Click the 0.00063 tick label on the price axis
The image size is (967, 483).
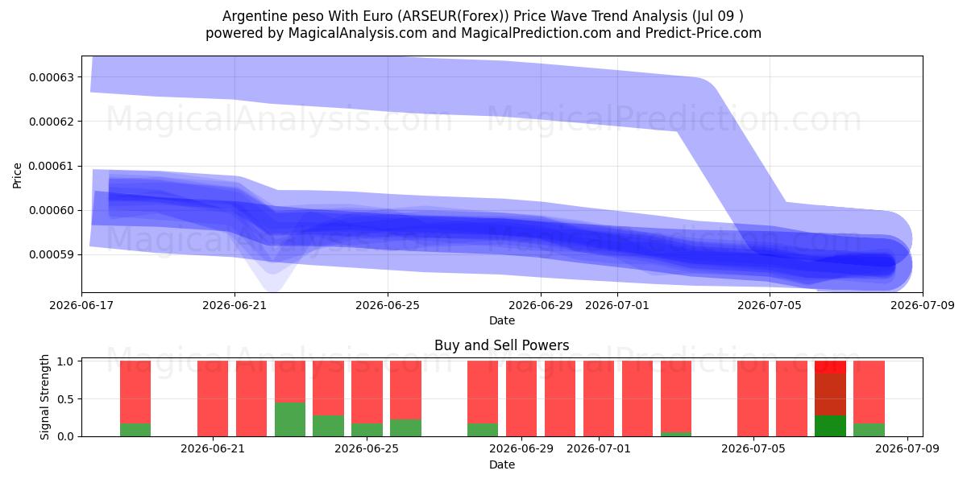(x=52, y=77)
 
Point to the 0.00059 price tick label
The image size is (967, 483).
(x=52, y=255)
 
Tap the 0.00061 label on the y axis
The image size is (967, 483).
(x=52, y=166)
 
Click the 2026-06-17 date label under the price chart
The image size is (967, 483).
(x=81, y=305)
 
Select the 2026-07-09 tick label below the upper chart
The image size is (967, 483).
(x=923, y=305)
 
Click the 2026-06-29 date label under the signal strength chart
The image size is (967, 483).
(x=521, y=449)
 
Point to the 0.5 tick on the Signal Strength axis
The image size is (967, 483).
(x=65, y=399)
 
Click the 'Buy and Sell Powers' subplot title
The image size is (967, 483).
(x=501, y=345)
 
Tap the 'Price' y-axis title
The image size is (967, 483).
(x=17, y=175)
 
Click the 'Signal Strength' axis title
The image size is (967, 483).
(x=44, y=397)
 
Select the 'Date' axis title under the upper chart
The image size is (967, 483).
(x=501, y=321)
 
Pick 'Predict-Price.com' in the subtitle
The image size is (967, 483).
(x=703, y=33)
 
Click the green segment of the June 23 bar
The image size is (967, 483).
(x=290, y=419)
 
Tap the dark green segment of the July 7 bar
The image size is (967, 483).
(x=830, y=426)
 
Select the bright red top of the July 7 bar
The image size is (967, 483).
(x=830, y=367)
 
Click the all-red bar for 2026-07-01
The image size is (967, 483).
(x=599, y=398)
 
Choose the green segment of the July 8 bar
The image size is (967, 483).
(x=869, y=430)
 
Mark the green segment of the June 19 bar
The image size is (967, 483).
(x=135, y=430)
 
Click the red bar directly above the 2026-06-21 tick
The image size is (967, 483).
(x=213, y=398)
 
